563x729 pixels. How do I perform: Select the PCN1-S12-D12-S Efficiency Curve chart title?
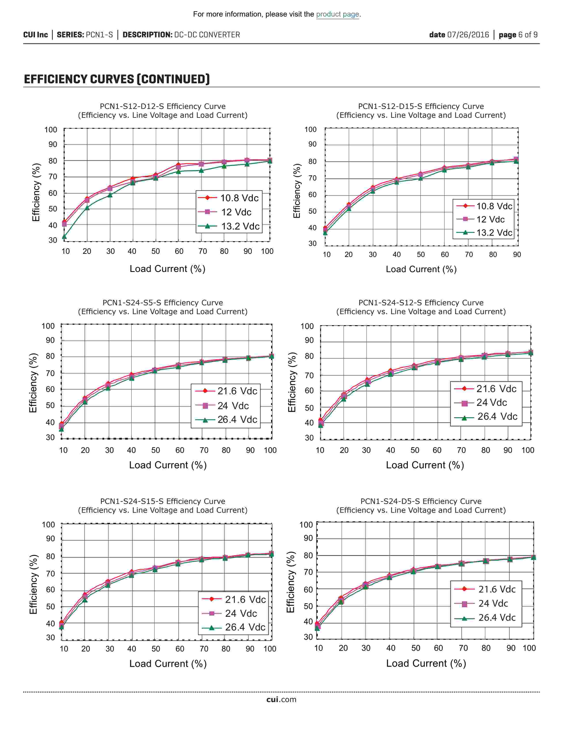(162, 106)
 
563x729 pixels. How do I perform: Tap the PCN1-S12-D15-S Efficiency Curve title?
(421, 106)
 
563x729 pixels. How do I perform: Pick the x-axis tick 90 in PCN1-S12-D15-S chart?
(517, 254)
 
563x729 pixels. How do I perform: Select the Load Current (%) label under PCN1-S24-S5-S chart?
(168, 465)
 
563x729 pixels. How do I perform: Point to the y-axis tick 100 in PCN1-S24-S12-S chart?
(307, 326)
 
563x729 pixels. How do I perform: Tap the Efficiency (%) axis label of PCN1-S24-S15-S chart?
(33, 584)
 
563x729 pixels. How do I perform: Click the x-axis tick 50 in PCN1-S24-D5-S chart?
(415, 648)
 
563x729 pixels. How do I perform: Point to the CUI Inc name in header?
(35, 35)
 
